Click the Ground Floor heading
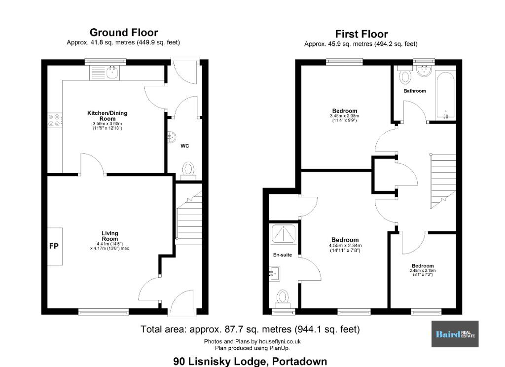124,33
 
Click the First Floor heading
361,34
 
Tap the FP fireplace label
54,246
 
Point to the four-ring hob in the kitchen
54,120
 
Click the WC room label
184,146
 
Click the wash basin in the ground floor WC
172,138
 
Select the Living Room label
110,236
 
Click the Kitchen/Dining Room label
107,116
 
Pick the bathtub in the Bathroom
445,96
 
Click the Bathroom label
414,91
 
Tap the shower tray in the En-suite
284,234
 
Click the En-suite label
283,255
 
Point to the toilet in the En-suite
283,299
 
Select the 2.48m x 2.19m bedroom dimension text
423,273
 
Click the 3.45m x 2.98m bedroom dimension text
345,118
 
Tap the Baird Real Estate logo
455,334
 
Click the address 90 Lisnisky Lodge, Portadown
250,361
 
